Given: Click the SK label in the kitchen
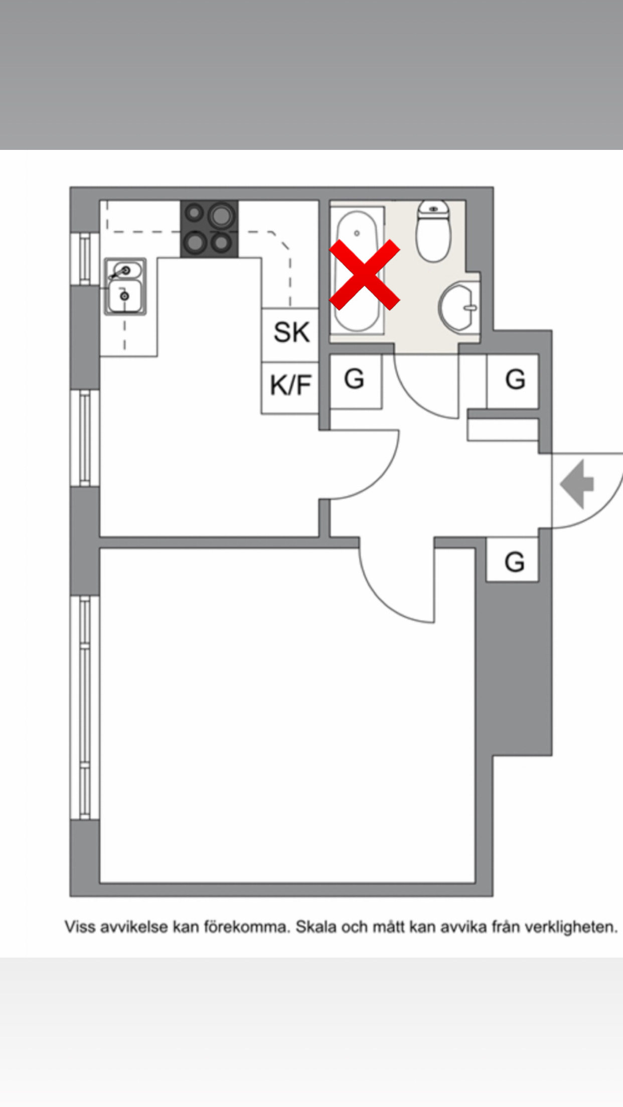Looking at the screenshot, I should pyautogui.click(x=291, y=332).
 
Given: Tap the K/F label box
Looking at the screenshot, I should pyautogui.click(x=290, y=386).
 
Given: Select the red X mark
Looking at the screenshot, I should pyautogui.click(x=365, y=274).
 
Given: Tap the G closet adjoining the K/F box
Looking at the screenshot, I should pyautogui.click(x=355, y=380).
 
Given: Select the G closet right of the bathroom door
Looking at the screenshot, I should pyautogui.click(x=514, y=380).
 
